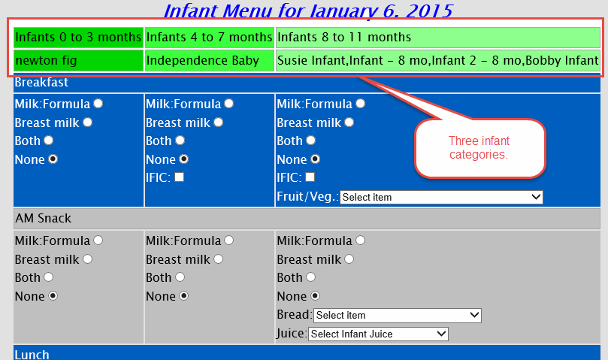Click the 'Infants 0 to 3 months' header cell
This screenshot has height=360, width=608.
[x=78, y=38]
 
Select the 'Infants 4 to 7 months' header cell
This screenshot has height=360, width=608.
[x=210, y=38]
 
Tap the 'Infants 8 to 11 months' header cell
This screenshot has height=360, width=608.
[x=438, y=38]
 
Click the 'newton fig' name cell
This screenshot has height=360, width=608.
[x=78, y=61]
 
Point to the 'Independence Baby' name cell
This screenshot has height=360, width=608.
[x=210, y=61]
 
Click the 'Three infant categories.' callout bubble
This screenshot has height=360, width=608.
[x=479, y=148]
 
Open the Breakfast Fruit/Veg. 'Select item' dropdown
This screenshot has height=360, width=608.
[x=441, y=197]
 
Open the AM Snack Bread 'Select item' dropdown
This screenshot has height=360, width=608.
[x=398, y=316]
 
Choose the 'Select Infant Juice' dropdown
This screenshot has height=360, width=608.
[x=378, y=334]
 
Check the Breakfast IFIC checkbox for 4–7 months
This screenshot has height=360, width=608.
[x=179, y=177]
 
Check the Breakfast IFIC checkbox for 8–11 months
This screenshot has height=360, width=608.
[x=310, y=177]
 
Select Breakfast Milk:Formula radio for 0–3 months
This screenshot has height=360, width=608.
[x=98, y=104]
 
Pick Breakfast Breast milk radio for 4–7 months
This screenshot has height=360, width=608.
[x=219, y=123]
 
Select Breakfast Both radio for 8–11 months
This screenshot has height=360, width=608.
[x=311, y=140]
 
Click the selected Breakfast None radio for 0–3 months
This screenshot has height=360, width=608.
[x=53, y=159]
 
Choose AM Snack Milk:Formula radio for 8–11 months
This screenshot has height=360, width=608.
[x=361, y=241]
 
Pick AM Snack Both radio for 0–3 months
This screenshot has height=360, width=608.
[x=48, y=277]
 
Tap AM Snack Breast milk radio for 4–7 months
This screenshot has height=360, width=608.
[x=219, y=259]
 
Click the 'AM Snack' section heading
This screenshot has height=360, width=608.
[x=44, y=219]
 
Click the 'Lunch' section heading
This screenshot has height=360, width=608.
[x=32, y=355]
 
